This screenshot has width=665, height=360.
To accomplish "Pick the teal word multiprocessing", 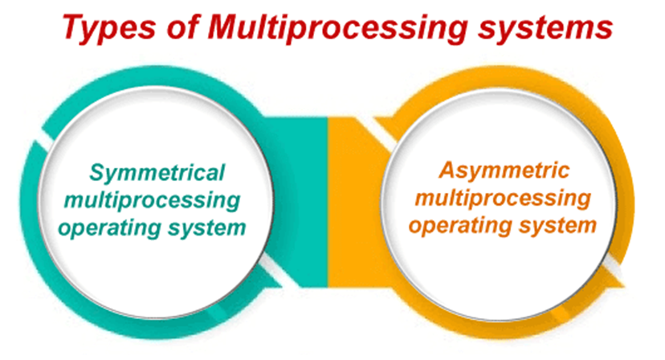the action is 152,201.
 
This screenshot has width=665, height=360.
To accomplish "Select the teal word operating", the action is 109,228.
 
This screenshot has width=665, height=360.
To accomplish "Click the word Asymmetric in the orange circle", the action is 504,171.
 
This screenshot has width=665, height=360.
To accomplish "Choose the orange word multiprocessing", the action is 503,198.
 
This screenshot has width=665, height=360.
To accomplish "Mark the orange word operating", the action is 460,226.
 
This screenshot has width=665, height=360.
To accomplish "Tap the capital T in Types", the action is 76,27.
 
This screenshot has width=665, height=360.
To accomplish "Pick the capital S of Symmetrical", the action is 96,172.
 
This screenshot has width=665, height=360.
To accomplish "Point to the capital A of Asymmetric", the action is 448,170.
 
